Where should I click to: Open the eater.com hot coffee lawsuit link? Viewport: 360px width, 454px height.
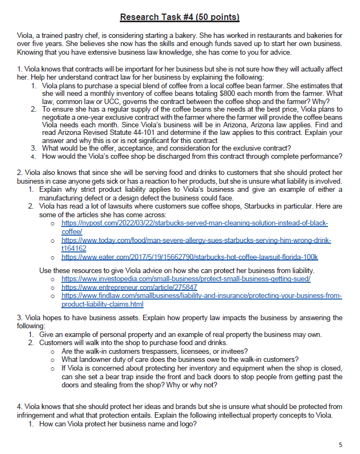[x=189, y=257]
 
